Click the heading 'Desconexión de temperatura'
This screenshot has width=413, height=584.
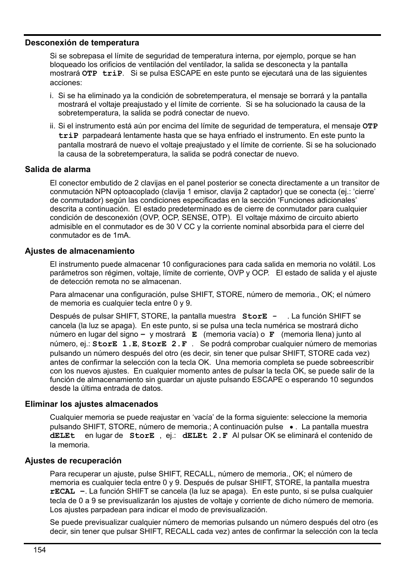point(82,43)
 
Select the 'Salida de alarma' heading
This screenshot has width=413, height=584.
point(58,169)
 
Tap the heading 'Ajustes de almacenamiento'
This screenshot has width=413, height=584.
point(80,251)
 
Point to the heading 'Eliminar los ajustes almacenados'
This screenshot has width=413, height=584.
point(91,404)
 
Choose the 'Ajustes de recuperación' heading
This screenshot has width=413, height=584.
point(73,461)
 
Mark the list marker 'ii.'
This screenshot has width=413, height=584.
point(53,126)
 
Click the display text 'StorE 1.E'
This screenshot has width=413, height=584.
point(115,344)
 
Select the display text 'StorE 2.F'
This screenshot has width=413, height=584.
point(164,344)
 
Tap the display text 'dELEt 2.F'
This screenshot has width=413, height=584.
point(205,436)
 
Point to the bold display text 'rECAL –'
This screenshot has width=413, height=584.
point(67,491)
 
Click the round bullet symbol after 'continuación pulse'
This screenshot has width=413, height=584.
point(292,427)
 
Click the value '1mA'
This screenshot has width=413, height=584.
point(122,236)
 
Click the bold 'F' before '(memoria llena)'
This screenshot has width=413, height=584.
point(272,335)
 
